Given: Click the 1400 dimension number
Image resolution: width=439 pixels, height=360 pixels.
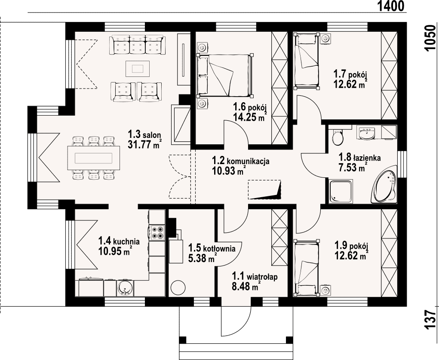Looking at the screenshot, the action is pos(391,6).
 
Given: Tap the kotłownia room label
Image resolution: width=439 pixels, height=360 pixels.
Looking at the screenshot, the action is pos(219,248).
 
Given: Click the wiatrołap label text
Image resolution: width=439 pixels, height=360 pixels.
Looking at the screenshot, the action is pos(262,277).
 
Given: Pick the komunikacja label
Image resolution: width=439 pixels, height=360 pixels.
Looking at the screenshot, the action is pos(248,161).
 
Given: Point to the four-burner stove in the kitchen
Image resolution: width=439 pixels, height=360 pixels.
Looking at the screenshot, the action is pos(157,232).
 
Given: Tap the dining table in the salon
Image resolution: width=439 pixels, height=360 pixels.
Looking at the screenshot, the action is pos(94,158).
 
